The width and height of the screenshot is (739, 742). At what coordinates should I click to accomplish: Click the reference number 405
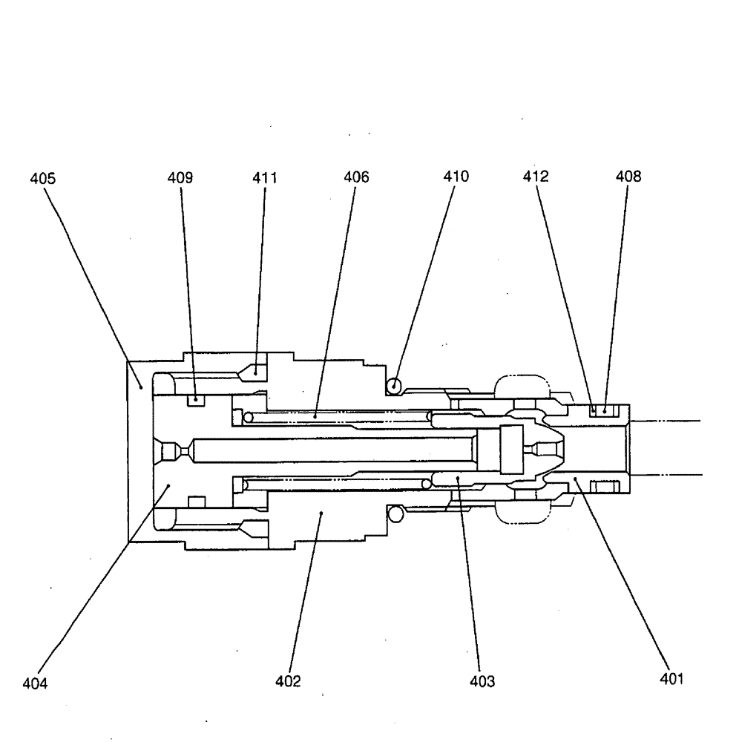[42, 178]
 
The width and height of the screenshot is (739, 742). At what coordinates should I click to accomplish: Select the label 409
[180, 178]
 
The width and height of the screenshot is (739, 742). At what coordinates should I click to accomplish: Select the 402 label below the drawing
[288, 681]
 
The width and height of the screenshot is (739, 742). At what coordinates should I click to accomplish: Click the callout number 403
[482, 681]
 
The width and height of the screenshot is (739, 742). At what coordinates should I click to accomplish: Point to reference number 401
[671, 678]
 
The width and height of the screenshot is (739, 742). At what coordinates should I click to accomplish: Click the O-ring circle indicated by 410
[394, 386]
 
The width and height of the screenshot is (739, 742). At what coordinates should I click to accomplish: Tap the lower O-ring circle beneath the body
[396, 513]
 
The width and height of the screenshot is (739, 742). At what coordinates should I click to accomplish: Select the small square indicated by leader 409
[196, 401]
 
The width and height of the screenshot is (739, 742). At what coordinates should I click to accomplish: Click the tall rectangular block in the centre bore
[511, 450]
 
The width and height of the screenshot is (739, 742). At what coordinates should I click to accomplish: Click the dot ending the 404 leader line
[168, 485]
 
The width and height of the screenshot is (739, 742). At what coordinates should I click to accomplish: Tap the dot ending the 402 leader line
[320, 512]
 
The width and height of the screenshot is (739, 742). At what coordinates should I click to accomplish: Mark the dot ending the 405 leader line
[141, 386]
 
